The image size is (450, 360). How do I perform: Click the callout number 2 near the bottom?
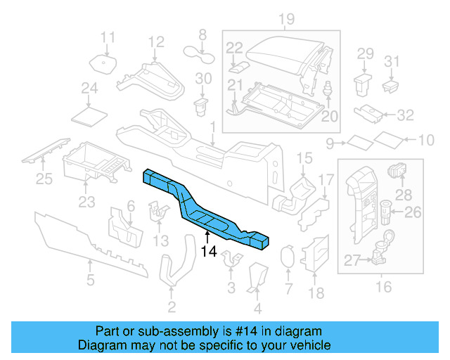pos(172,307)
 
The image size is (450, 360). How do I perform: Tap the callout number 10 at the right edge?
pos(426,141)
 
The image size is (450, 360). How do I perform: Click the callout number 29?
pos(365,53)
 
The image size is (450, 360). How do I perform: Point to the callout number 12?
pos(156,41)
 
